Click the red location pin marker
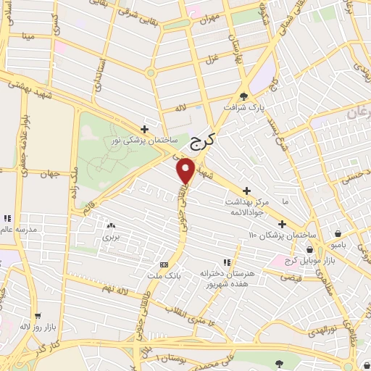click(x=187, y=170)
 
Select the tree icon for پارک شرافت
click(x=244, y=95)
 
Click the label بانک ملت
click(x=172, y=275)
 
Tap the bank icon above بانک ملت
click(x=164, y=264)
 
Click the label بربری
click(x=110, y=236)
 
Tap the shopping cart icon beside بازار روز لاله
click(x=37, y=316)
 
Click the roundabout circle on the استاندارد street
click(x=151, y=72)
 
